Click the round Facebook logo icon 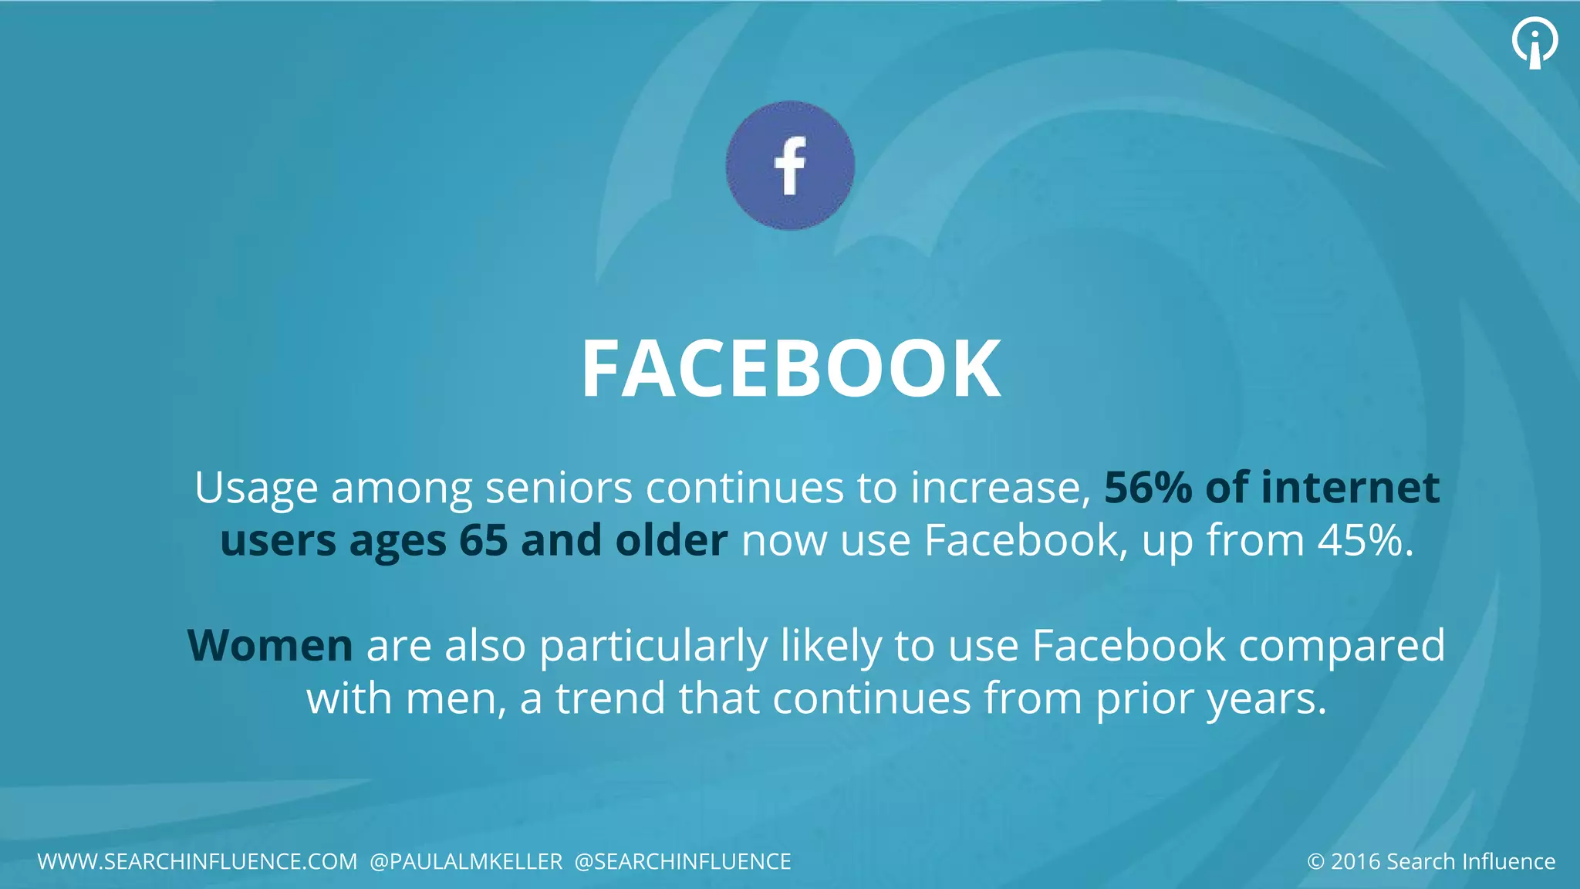pos(790,165)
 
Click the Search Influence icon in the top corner pos(1534,43)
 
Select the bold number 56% pos(1148,488)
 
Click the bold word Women pos(270,645)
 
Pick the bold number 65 pos(483,540)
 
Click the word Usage pos(256,489)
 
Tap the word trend pos(609,698)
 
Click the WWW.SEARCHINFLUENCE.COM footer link pos(197,861)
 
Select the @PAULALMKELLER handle pos(466,861)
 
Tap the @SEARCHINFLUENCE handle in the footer pos(683,861)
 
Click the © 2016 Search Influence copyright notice pos(1431,861)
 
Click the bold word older pos(671,540)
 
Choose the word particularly pos(653,647)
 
